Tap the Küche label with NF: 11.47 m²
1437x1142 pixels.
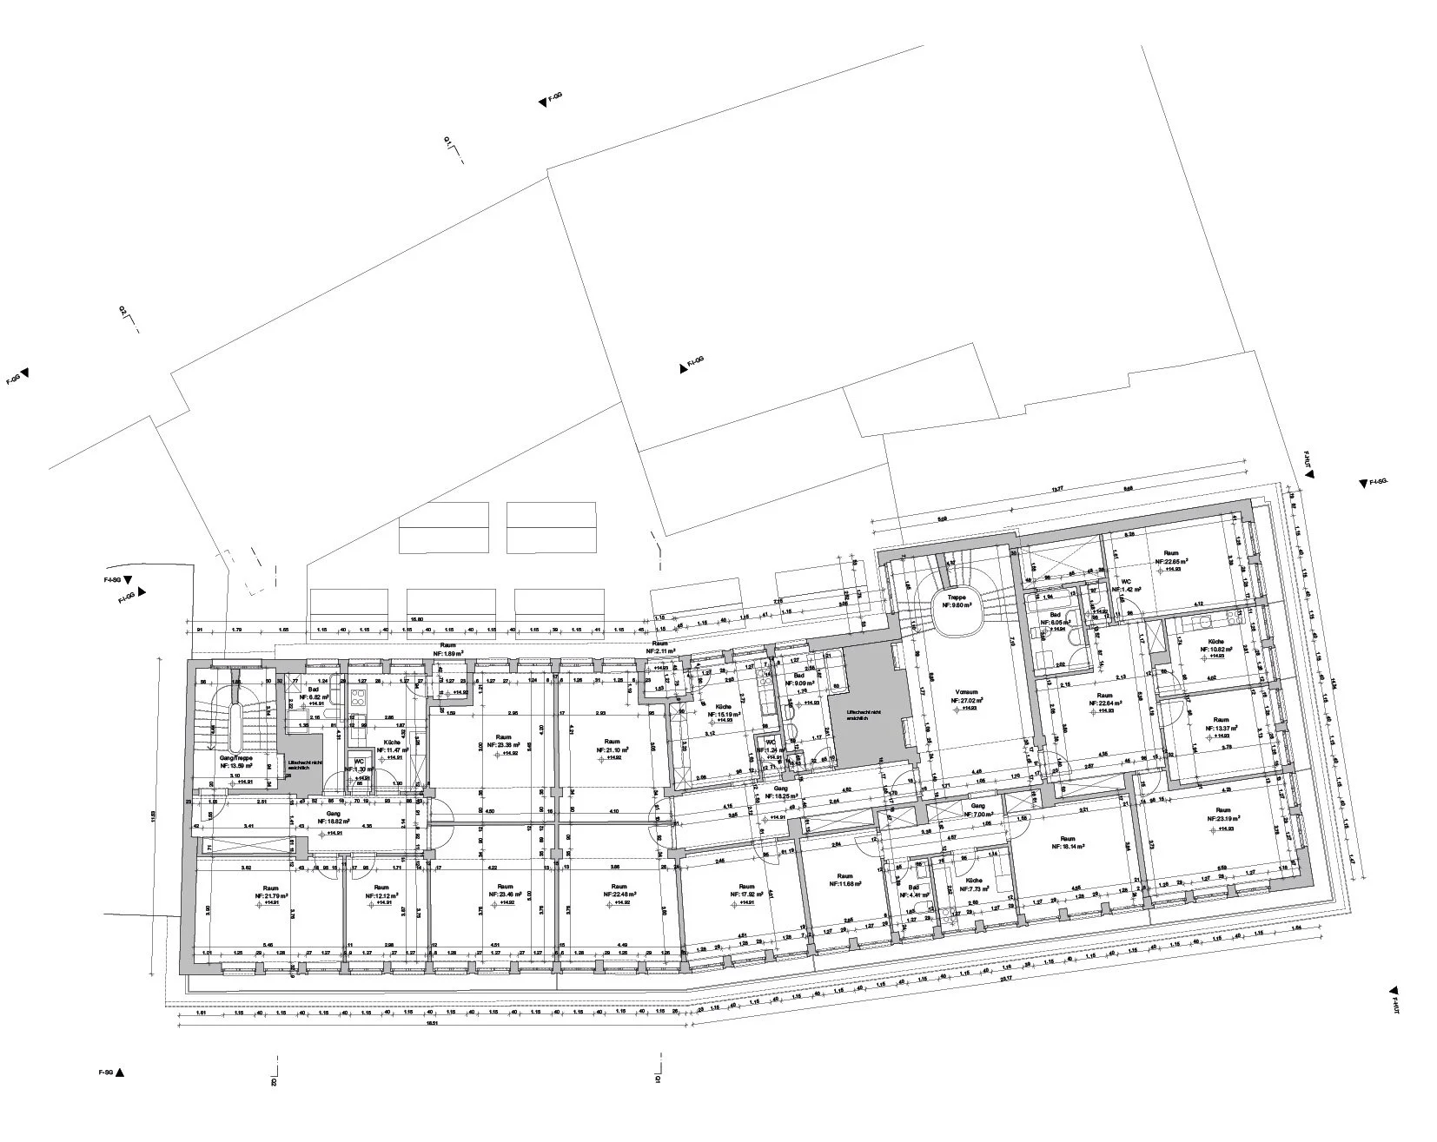click(391, 743)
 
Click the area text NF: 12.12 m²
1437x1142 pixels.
click(382, 896)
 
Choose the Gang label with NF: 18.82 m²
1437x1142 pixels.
click(333, 821)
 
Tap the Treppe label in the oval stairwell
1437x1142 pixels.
click(957, 598)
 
